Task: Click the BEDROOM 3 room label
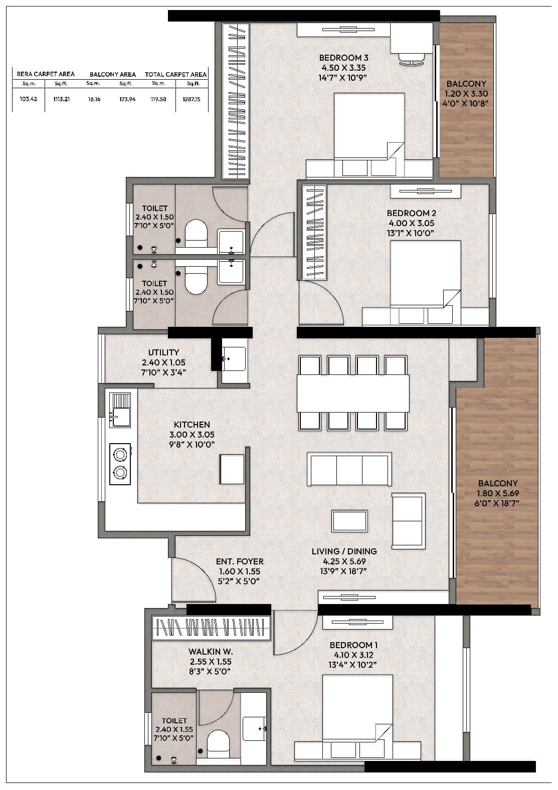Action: point(343,58)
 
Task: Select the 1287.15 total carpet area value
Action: point(191,99)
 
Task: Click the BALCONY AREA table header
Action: point(113,74)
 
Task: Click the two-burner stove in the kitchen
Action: point(120,464)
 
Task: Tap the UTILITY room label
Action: point(163,352)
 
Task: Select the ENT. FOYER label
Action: point(240,561)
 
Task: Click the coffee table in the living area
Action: point(349,521)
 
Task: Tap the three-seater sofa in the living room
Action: point(349,470)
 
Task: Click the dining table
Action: point(353,393)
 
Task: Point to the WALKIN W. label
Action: point(211,652)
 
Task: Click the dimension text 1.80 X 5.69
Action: point(497,493)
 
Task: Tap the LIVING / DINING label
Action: point(344,551)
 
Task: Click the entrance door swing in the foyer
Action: point(193,581)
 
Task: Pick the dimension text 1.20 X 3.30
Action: point(466,94)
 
